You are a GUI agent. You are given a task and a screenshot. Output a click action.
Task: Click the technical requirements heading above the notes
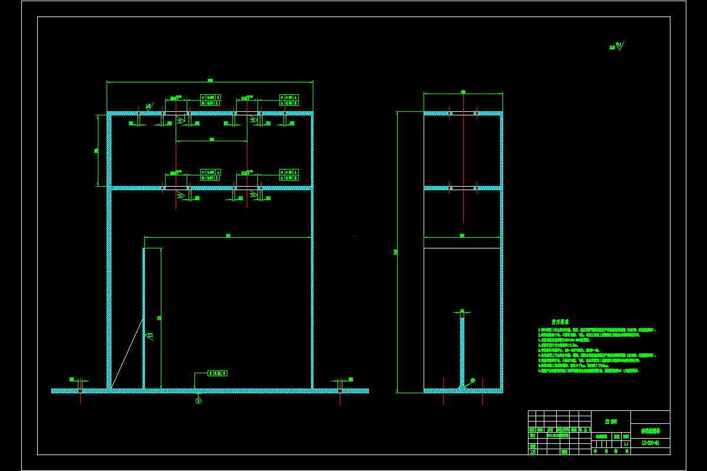560,322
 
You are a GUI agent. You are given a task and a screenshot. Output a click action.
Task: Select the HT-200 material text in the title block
611,421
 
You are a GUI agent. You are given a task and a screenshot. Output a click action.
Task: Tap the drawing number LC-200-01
650,442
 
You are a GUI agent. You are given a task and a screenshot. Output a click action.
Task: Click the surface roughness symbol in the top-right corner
617,46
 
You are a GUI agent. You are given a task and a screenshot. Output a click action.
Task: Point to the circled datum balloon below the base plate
199,400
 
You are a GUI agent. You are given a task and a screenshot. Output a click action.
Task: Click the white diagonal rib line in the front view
127,353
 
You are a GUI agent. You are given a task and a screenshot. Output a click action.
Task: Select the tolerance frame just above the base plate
217,373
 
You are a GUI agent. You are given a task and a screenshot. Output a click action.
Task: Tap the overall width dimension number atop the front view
210,80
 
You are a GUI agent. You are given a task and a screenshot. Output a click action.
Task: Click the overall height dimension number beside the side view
395,252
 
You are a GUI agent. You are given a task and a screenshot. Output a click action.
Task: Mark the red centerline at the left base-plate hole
80,391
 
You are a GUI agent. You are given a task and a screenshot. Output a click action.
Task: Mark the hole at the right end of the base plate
340,390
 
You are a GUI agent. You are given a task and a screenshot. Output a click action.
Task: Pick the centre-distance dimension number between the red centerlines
212,140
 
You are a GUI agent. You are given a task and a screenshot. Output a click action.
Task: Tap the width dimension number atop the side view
463,91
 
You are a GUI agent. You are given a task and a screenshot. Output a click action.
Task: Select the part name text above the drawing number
650,430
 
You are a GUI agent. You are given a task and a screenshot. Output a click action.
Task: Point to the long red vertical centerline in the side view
463,159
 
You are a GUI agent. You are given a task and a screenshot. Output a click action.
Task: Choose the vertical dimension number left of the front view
96,151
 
